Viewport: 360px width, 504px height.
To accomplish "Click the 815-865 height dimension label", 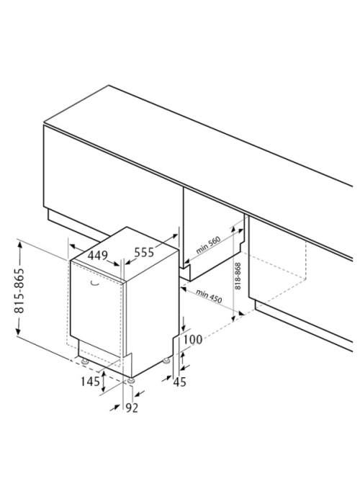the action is click(x=19, y=290).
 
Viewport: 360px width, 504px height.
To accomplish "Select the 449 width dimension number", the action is click(x=97, y=256).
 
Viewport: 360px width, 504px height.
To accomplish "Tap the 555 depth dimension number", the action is click(x=144, y=252).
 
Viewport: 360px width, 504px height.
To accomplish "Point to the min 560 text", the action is click(x=208, y=245).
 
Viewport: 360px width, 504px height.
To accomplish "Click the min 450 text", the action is click(x=209, y=297).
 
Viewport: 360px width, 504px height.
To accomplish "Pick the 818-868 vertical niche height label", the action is click(x=238, y=276).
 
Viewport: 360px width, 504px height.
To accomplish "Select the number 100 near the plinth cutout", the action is click(x=193, y=339).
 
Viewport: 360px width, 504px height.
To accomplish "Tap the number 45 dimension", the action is click(x=180, y=382).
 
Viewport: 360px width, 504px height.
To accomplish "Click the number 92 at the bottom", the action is click(x=132, y=408).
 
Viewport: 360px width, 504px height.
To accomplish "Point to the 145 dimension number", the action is click(x=90, y=382).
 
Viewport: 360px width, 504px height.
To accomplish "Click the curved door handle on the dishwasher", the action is click(x=94, y=283).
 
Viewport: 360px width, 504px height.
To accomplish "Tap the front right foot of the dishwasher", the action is click(x=130, y=380).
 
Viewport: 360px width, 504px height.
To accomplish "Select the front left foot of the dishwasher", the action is click(x=85, y=361).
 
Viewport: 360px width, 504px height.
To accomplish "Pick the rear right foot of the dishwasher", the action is click(x=166, y=361).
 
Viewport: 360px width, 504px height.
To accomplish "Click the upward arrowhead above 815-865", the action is click(x=19, y=246).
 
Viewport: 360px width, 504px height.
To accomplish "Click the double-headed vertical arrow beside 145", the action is click(x=104, y=382).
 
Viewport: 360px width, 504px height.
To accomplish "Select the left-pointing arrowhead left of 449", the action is click(x=73, y=246).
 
